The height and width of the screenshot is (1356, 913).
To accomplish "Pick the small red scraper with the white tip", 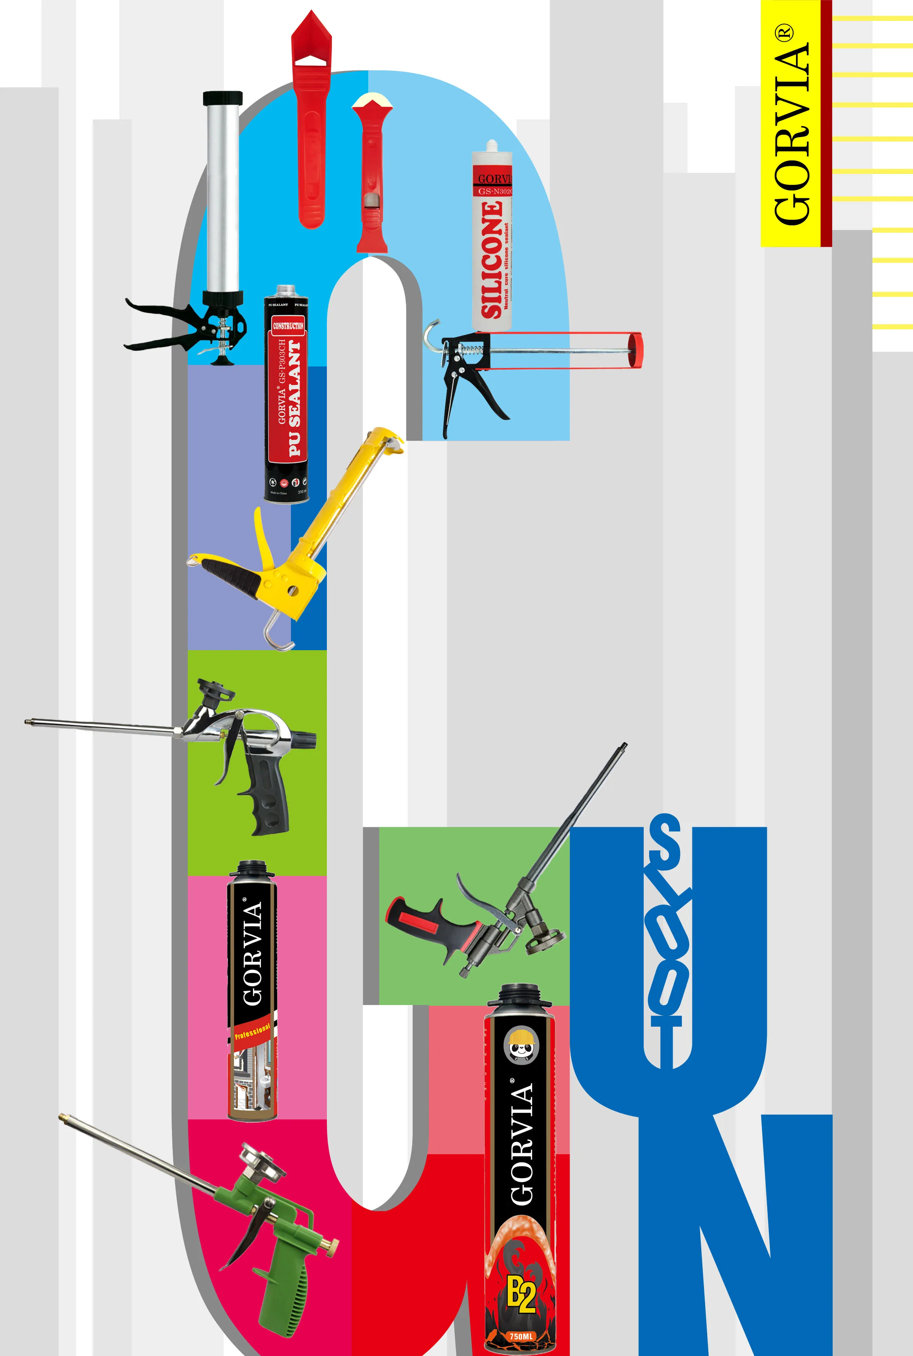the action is coord(371,175).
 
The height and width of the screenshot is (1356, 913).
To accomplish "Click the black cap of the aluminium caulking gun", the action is coord(223,97).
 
